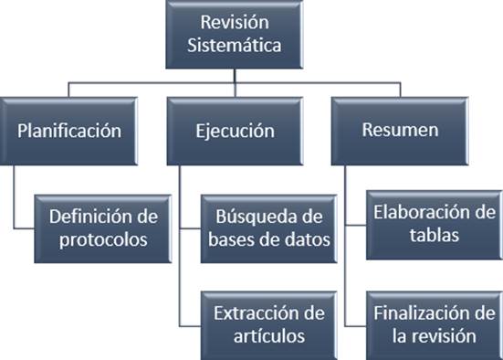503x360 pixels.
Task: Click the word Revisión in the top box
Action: (235, 23)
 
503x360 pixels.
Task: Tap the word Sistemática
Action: (235, 45)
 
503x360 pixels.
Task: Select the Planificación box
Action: (68, 131)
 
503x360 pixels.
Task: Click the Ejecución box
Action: (235, 131)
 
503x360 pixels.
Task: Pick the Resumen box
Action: (400, 131)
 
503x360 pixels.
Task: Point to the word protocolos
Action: (103, 240)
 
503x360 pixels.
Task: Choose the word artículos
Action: (269, 336)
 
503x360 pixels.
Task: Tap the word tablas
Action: (435, 235)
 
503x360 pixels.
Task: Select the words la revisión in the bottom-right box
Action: (435, 336)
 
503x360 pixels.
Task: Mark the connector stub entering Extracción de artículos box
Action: (190, 326)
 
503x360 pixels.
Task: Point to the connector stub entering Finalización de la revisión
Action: (356, 326)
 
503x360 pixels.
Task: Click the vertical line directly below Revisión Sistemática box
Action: (235, 76)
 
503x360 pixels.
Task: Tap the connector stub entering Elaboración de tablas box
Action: (356, 225)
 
